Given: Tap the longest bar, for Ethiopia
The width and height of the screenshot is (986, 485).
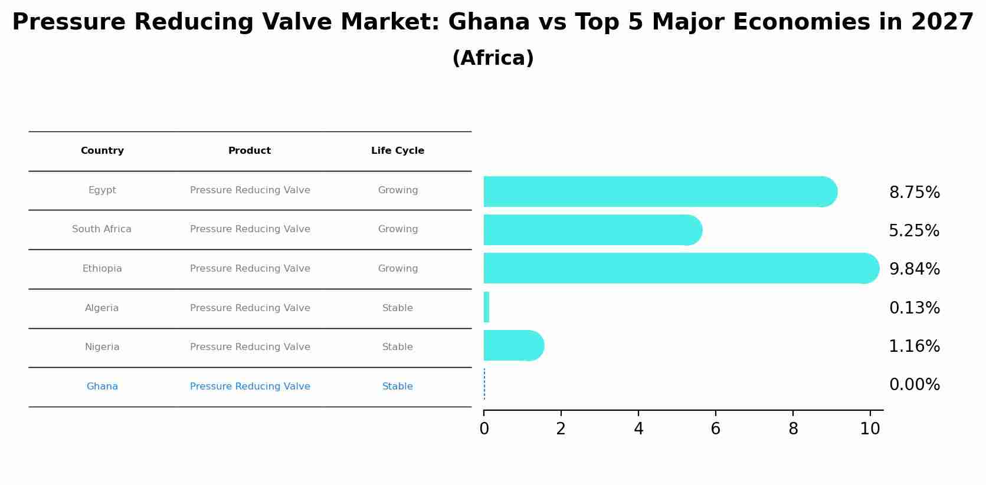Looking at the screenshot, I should pos(679,268).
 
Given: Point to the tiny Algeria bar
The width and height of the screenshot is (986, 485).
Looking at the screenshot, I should pos(486,307).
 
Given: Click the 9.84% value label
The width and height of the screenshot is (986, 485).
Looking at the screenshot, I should pos(914,269).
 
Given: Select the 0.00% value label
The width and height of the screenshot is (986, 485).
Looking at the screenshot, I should pos(914,385).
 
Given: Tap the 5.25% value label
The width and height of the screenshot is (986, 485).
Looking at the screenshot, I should pos(913,231).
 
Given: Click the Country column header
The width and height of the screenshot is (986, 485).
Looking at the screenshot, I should pos(102,151).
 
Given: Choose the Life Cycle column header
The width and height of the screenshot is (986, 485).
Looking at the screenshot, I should pos(397,151).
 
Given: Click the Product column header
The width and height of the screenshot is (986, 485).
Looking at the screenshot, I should pos(250,151).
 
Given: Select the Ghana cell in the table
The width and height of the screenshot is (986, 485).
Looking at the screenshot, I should pos(102,387).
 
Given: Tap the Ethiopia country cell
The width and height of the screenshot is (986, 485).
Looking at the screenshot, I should pos(102,269).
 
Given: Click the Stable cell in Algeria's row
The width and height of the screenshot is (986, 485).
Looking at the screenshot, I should pos(397,308).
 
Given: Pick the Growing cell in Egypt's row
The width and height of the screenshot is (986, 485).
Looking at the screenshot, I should pos(398,190).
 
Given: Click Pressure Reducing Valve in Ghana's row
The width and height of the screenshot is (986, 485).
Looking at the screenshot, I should pos(250,387).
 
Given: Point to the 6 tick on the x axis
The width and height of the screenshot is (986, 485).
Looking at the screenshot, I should pos(715,429).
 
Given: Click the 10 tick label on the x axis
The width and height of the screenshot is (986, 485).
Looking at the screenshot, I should pos(870,429).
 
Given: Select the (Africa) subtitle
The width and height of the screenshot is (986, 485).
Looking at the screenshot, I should pos(493,58).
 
